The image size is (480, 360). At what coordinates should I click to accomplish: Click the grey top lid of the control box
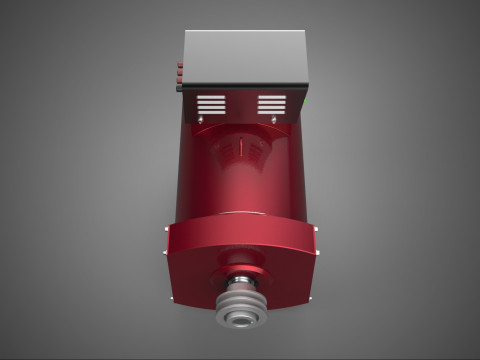(245, 56)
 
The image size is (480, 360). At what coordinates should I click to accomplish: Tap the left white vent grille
(211, 104)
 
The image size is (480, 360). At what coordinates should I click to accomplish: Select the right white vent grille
(272, 104)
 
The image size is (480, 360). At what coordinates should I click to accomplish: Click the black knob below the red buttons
(180, 87)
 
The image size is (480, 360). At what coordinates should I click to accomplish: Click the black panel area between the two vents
(241, 105)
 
